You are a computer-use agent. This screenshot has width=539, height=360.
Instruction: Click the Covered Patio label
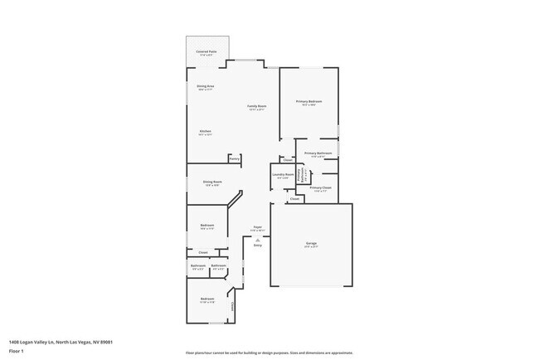206,51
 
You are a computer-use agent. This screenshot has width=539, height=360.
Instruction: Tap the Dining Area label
206,86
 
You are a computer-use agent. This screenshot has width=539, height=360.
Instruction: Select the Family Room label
257,106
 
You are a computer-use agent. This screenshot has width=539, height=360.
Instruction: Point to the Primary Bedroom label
309,101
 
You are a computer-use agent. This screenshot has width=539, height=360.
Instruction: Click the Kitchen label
205,131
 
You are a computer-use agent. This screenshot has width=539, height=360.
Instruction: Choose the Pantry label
235,158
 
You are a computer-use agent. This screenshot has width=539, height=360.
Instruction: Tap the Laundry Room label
284,174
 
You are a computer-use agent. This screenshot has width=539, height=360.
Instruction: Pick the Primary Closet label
321,188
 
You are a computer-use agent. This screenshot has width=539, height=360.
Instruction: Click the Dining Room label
213,182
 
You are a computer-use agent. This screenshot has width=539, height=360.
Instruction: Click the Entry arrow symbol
257,239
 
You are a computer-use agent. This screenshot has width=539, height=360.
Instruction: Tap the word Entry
257,246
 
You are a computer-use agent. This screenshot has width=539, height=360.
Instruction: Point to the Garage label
311,243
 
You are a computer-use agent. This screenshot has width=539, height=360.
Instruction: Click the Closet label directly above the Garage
294,199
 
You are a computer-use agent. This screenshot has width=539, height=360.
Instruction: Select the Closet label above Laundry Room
288,159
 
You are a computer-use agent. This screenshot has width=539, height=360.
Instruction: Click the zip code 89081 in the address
107,342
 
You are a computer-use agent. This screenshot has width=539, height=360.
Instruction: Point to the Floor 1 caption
16,351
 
